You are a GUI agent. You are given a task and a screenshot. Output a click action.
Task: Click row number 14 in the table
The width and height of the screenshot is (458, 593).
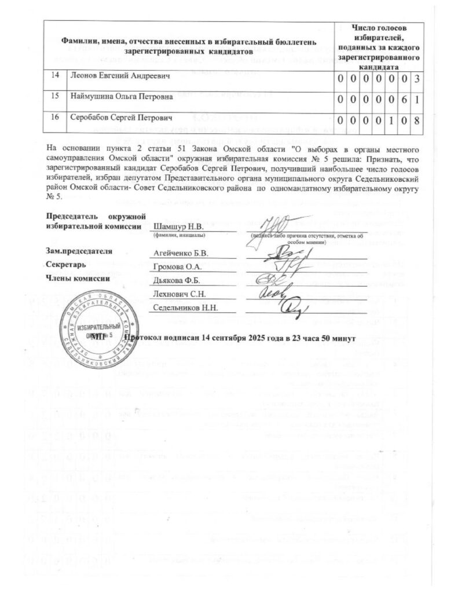point(55,75)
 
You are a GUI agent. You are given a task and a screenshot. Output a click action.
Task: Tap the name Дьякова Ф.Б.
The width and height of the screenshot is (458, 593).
point(176,281)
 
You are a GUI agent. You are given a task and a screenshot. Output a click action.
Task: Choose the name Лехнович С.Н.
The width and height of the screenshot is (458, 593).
point(178,294)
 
